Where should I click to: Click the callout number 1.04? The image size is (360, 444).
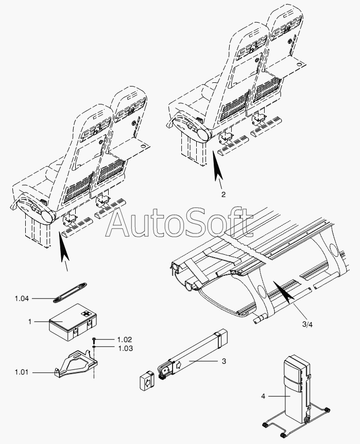22,298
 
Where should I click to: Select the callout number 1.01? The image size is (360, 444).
22,372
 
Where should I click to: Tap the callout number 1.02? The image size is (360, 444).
125,340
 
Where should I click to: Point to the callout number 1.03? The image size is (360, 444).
125,348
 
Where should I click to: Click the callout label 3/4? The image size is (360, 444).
307,325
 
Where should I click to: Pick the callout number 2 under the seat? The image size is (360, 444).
224,194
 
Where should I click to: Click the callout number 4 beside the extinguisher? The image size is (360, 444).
263,396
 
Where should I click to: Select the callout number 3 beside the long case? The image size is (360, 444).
224,361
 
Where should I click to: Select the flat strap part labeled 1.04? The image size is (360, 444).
70,293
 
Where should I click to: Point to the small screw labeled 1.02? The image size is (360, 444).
94,339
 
